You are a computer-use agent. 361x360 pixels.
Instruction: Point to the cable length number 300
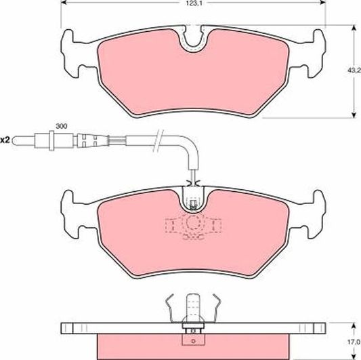(x=61, y=127)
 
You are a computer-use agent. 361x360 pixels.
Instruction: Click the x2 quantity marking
(x=5, y=140)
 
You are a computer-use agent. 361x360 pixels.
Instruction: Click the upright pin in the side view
(x=194, y=306)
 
